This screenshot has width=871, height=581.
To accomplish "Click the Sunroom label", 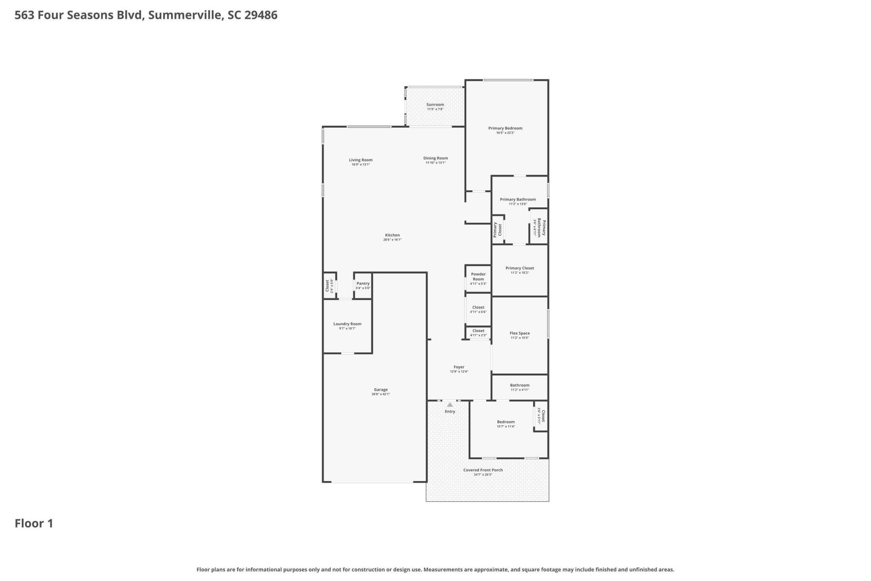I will (x=435, y=105).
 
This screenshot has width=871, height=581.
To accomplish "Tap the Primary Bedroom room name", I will (x=505, y=128).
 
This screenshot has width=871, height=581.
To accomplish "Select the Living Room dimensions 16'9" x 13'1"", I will (x=361, y=165).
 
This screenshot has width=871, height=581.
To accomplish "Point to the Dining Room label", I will (x=435, y=158).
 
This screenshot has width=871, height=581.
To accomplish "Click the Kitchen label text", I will (x=392, y=235).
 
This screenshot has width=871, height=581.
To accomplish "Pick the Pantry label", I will (x=363, y=284).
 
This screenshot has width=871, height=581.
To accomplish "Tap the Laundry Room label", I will (x=347, y=324).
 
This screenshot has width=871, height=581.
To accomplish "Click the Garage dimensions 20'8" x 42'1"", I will (x=381, y=394).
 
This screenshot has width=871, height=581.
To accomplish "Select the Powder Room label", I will (x=478, y=276).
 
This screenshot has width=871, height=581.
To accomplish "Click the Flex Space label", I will (x=519, y=333).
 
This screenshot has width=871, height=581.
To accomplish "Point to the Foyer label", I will (x=459, y=367).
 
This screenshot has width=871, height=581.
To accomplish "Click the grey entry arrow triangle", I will (x=450, y=404).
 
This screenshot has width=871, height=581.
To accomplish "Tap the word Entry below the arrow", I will (x=450, y=412).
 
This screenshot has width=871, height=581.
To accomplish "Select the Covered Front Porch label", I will (x=483, y=470).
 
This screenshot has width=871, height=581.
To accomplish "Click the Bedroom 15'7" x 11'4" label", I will (x=505, y=422).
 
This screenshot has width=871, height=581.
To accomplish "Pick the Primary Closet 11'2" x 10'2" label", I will (x=519, y=268).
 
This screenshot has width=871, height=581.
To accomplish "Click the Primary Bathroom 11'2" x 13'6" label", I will (x=518, y=200).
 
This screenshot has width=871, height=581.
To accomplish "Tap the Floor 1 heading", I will (x=34, y=523).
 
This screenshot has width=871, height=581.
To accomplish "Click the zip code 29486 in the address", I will (x=261, y=15).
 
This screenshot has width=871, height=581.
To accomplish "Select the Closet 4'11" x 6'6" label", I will (x=478, y=308).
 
